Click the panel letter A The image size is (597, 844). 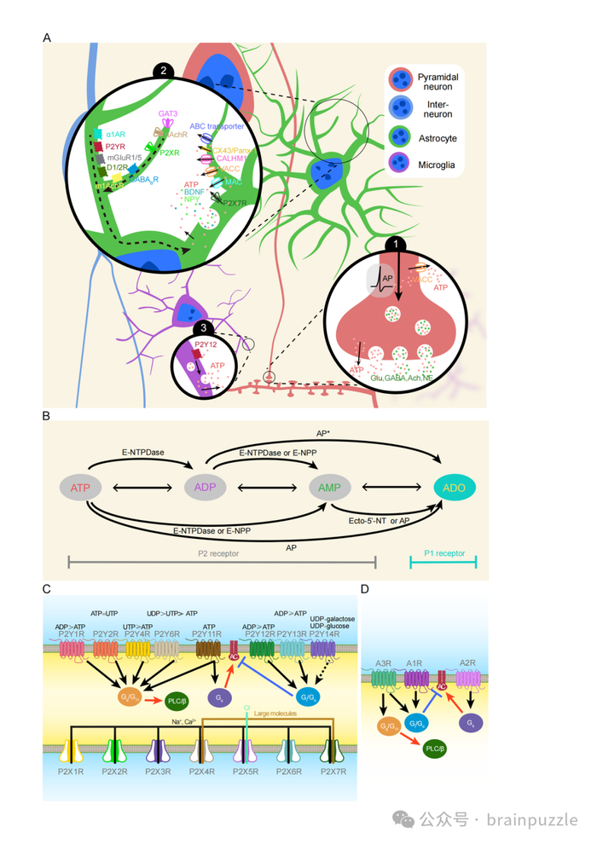(47, 38)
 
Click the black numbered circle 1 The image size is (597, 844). (394, 244)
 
